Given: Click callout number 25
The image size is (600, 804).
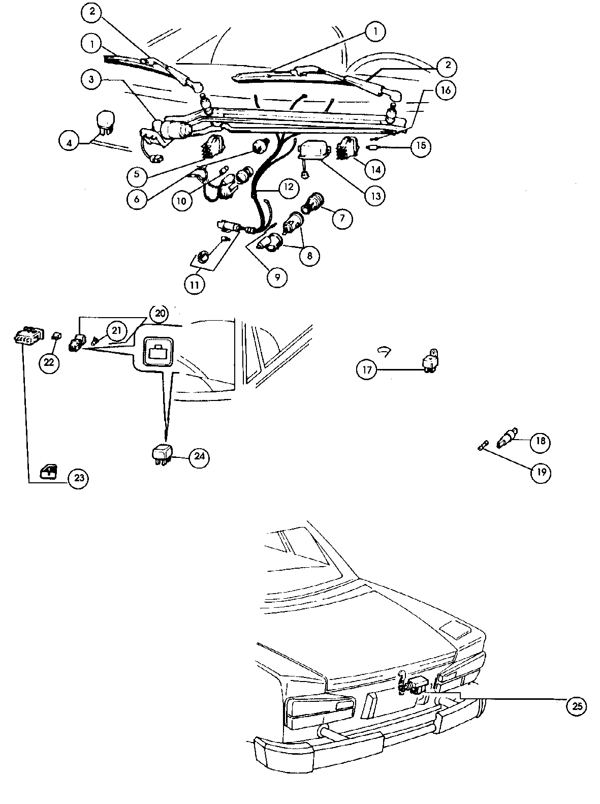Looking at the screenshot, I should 576,705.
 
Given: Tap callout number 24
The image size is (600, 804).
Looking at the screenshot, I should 199,457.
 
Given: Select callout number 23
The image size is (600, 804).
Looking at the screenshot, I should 78,478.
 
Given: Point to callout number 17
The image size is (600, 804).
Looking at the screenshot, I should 368,369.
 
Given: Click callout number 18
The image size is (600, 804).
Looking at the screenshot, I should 540,441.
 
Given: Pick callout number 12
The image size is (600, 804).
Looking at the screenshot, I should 288,187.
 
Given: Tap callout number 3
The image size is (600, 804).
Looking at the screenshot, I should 91,80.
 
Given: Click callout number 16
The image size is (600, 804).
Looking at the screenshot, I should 445,90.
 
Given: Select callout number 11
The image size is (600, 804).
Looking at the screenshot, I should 195,284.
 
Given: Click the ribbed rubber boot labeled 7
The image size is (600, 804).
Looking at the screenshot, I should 312,203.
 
